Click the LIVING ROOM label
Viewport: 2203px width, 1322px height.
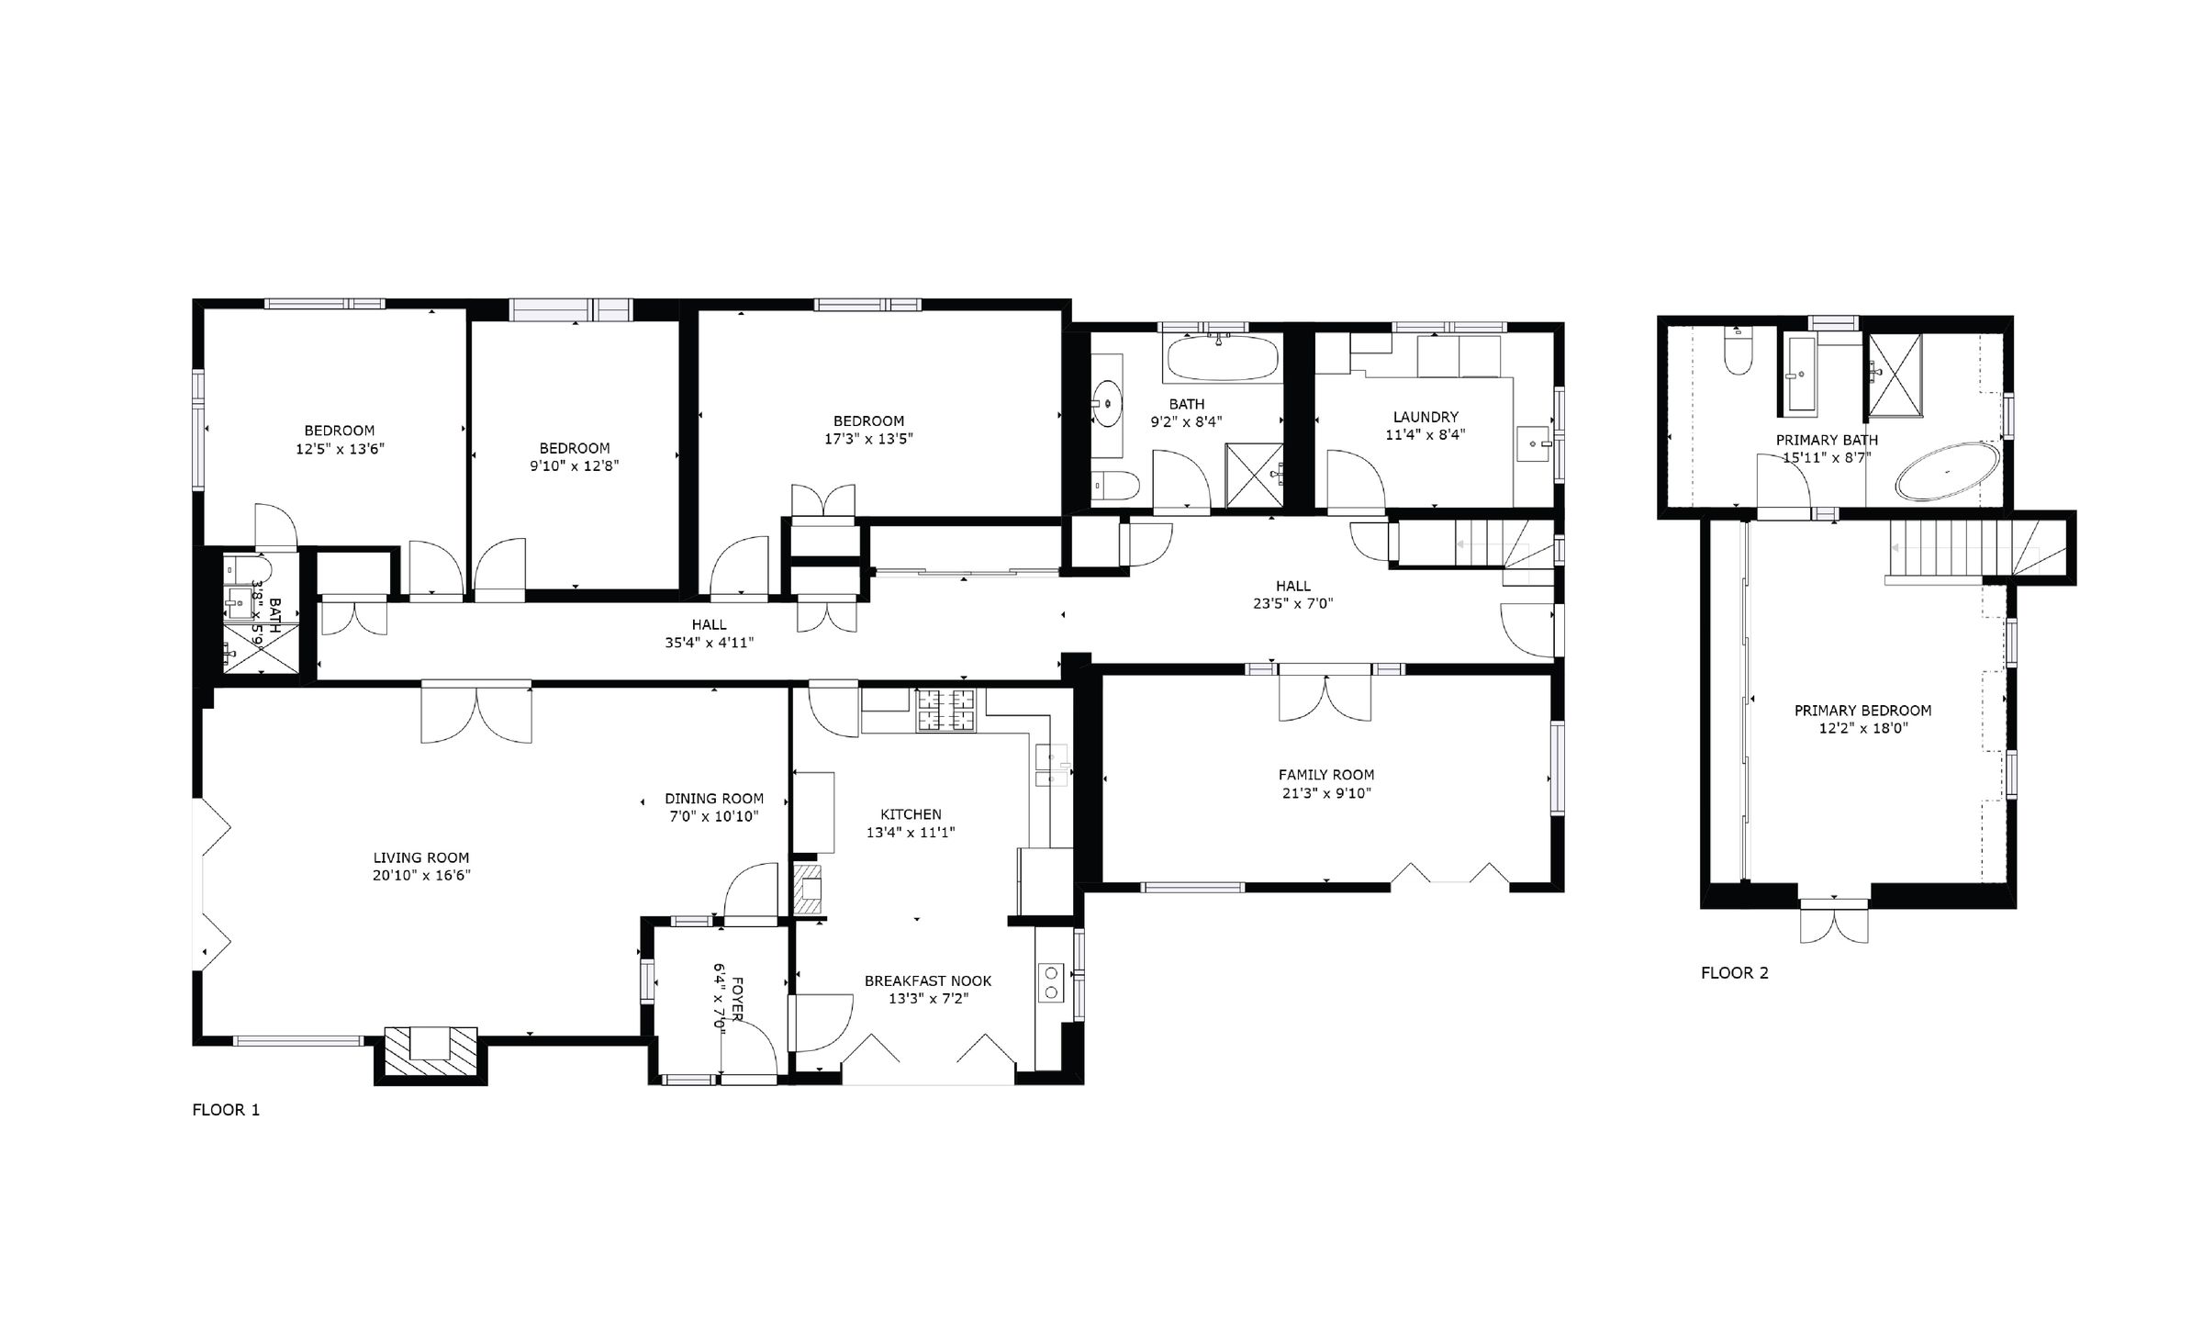pos(421,857)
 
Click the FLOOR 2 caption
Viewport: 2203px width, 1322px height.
pos(1734,973)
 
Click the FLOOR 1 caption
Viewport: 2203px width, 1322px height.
pos(226,1110)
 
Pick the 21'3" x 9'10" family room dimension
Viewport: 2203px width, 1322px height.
pos(1326,793)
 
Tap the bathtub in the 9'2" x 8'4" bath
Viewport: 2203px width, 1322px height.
pos(1220,360)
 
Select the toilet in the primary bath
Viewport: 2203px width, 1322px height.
pos(1739,354)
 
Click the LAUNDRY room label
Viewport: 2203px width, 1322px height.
pos(1425,417)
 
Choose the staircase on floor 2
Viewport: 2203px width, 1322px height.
pos(1964,548)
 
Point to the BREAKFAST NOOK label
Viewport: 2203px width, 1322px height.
pos(928,980)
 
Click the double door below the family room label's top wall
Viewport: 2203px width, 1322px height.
pos(1325,698)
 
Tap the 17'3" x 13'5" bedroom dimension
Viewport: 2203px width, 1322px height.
pos(868,439)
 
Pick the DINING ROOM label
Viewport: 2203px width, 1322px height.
pos(714,799)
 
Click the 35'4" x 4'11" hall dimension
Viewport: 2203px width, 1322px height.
pos(710,643)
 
